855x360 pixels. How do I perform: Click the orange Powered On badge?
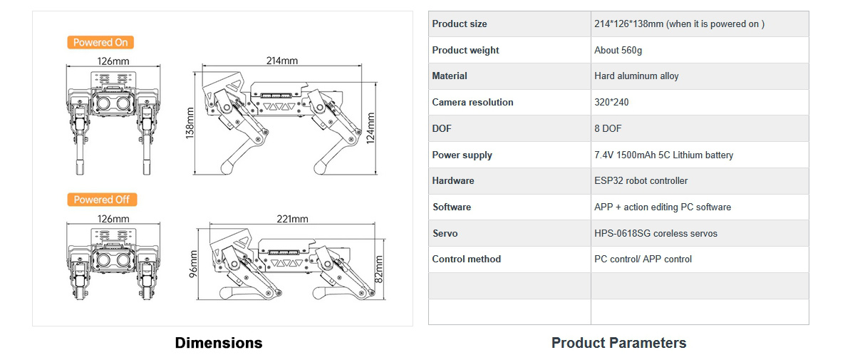[100, 43]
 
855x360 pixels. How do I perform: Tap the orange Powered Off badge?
[102, 200]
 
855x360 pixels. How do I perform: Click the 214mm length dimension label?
[281, 61]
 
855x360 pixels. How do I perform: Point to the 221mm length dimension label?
[292, 219]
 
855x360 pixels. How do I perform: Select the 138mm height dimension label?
[190, 123]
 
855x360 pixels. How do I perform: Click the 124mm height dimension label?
[370, 128]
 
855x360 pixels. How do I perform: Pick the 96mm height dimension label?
[193, 264]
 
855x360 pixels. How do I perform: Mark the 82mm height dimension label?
[378, 267]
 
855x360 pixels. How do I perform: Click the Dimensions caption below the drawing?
[219, 343]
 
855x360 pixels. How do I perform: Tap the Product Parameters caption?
[618, 343]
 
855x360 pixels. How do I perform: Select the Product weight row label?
[465, 50]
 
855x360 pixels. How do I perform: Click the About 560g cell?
[618, 51]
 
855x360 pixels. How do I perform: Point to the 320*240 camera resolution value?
[611, 103]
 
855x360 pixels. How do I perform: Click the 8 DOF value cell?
[608, 129]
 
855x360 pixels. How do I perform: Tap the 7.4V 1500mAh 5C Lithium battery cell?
[663, 155]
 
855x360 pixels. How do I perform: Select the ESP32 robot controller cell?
[641, 181]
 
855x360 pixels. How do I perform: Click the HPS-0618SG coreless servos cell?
[655, 233]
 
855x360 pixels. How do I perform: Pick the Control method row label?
[467, 259]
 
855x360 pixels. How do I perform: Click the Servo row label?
[445, 233]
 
